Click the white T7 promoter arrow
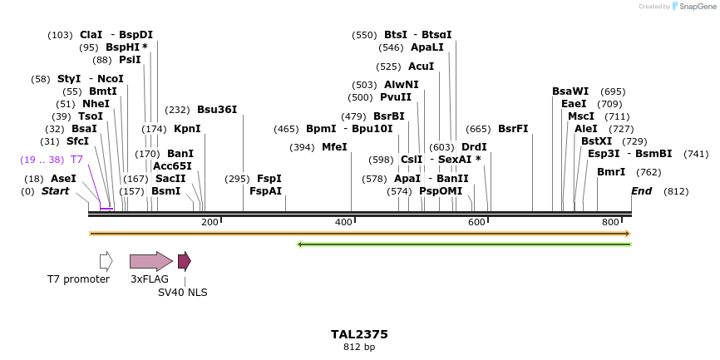[x=106, y=261]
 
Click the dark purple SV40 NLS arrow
[x=184, y=261]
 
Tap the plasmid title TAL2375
[x=359, y=334]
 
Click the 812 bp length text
[x=359, y=347]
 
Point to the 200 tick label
[x=210, y=222]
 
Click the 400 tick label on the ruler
[x=343, y=222]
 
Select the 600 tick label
[x=476, y=222]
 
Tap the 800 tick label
[x=611, y=222]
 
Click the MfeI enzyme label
[x=334, y=147]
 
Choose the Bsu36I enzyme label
[x=217, y=109]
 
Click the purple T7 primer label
[x=76, y=159]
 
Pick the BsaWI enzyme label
[x=570, y=91]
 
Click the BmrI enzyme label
[x=611, y=172]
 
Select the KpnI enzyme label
[x=187, y=129]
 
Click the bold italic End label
[x=641, y=191]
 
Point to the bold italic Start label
[x=56, y=191]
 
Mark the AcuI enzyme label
[x=422, y=66]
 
